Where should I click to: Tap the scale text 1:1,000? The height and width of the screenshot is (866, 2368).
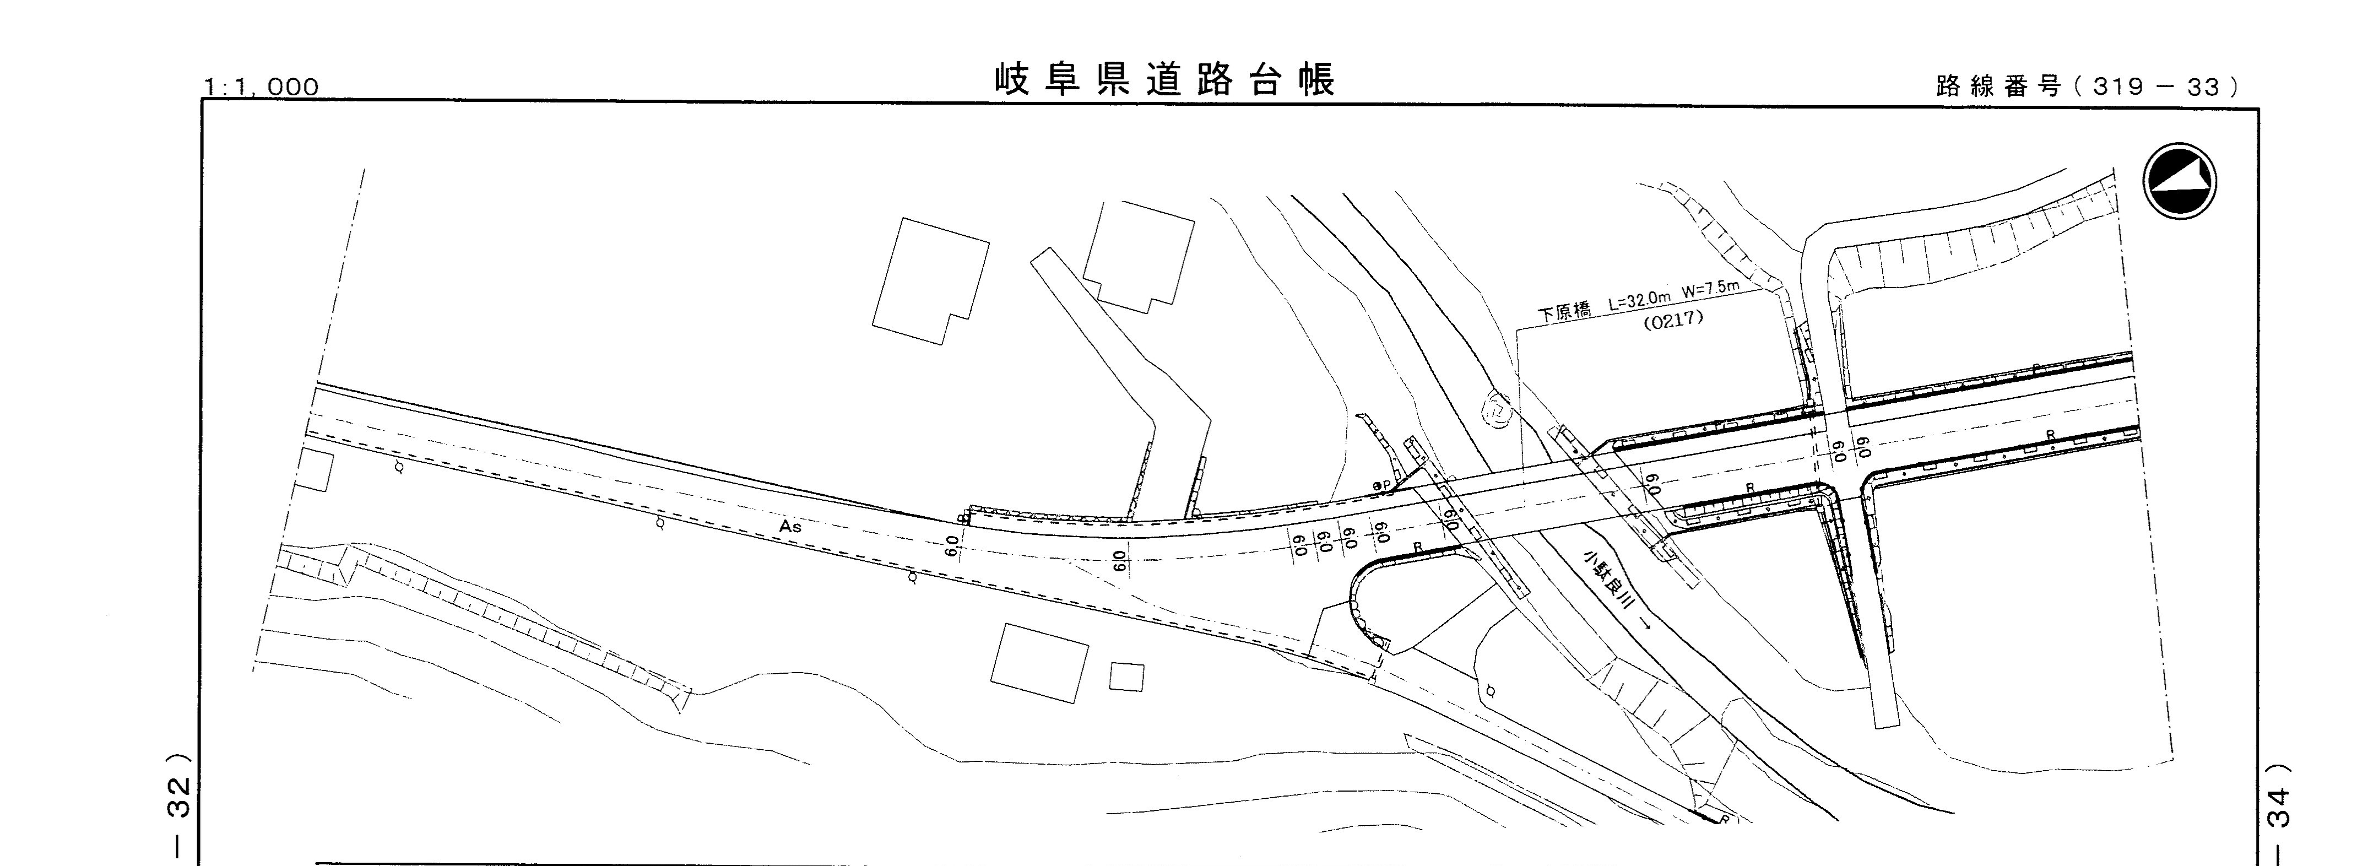(x=262, y=88)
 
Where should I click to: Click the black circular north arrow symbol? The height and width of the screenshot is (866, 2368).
(x=2179, y=181)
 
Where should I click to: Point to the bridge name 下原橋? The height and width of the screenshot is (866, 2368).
(x=1564, y=312)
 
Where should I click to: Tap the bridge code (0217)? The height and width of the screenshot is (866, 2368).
(x=1673, y=320)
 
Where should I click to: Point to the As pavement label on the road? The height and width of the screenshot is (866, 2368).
(x=790, y=527)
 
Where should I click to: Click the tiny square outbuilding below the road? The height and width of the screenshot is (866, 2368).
(x=1126, y=676)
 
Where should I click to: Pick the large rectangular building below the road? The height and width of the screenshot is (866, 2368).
(x=1039, y=663)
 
